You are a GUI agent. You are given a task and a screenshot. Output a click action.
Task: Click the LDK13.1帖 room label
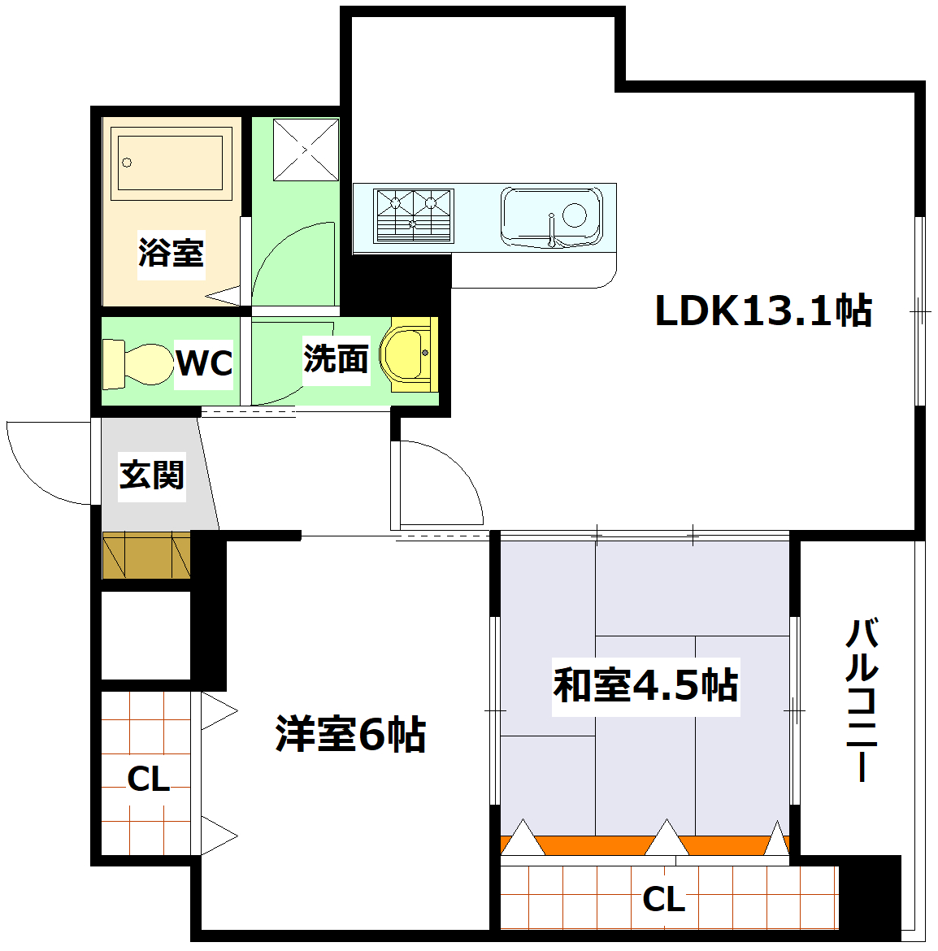[x=763, y=310]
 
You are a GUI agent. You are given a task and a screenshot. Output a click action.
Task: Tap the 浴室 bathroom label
[x=171, y=252]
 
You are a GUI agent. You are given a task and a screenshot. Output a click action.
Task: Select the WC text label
[x=204, y=363]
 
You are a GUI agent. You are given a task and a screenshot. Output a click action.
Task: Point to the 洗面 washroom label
[x=336, y=358]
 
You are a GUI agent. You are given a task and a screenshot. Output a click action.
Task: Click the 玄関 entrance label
[x=152, y=475]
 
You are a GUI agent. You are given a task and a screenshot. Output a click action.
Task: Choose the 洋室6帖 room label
[x=350, y=734]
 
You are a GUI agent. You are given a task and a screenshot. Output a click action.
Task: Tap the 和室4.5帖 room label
[x=645, y=685]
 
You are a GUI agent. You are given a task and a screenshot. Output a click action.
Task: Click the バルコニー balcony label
[x=862, y=700]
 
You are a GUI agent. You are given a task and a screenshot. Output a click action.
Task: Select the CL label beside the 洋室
[x=149, y=779]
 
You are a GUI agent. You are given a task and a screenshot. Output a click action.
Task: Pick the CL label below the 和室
[x=663, y=900]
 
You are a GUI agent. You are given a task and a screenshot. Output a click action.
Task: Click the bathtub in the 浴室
[x=171, y=163]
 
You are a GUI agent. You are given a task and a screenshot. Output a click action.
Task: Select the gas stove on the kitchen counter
[x=413, y=215]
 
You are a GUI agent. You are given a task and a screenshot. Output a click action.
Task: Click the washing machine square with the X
[x=306, y=150]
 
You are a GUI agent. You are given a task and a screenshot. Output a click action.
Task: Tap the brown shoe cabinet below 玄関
[x=146, y=555]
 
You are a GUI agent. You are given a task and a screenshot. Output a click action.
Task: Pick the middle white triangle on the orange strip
[x=667, y=840]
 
